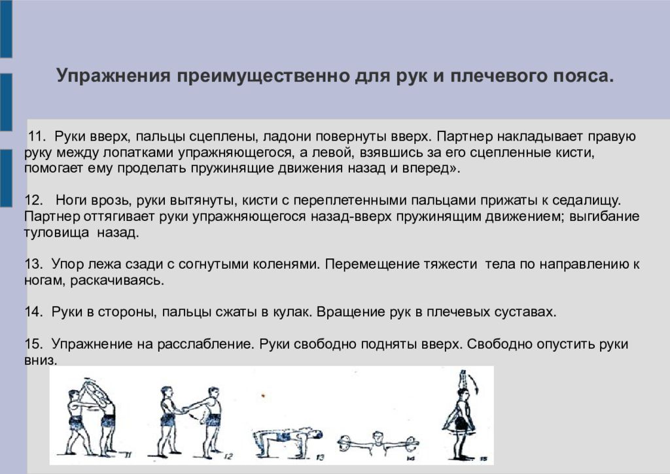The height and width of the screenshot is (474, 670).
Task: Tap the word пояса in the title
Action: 588,75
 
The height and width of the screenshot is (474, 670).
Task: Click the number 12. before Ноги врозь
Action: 33,200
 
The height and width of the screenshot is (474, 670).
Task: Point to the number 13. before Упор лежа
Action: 33,265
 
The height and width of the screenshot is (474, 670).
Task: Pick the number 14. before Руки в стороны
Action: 33,312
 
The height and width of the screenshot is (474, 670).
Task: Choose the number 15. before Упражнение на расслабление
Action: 33,344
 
